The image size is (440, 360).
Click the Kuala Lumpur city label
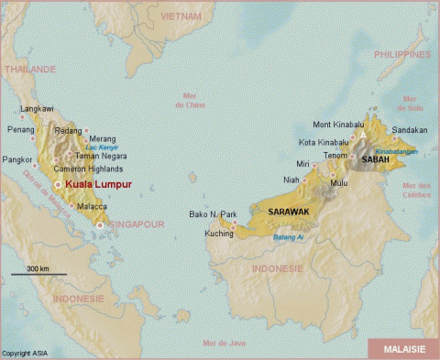(99, 184)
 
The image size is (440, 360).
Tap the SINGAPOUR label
(136, 223)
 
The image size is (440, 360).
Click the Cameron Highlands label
(89, 167)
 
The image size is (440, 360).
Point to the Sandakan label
(409, 130)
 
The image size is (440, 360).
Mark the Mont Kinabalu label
(334, 125)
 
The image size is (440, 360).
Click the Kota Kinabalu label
(324, 142)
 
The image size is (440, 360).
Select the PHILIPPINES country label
(401, 55)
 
